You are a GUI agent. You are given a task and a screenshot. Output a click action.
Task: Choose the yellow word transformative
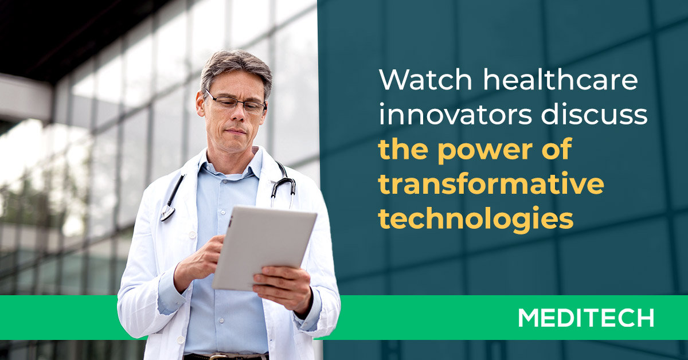[491, 185]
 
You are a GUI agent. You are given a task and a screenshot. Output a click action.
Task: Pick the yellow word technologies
[476, 219]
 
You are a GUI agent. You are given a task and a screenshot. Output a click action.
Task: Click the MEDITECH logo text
[585, 318]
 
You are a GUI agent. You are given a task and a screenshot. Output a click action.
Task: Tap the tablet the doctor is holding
[263, 246]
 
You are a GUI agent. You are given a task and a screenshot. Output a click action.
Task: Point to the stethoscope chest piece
[167, 214]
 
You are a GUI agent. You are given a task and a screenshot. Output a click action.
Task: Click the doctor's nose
[236, 115]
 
